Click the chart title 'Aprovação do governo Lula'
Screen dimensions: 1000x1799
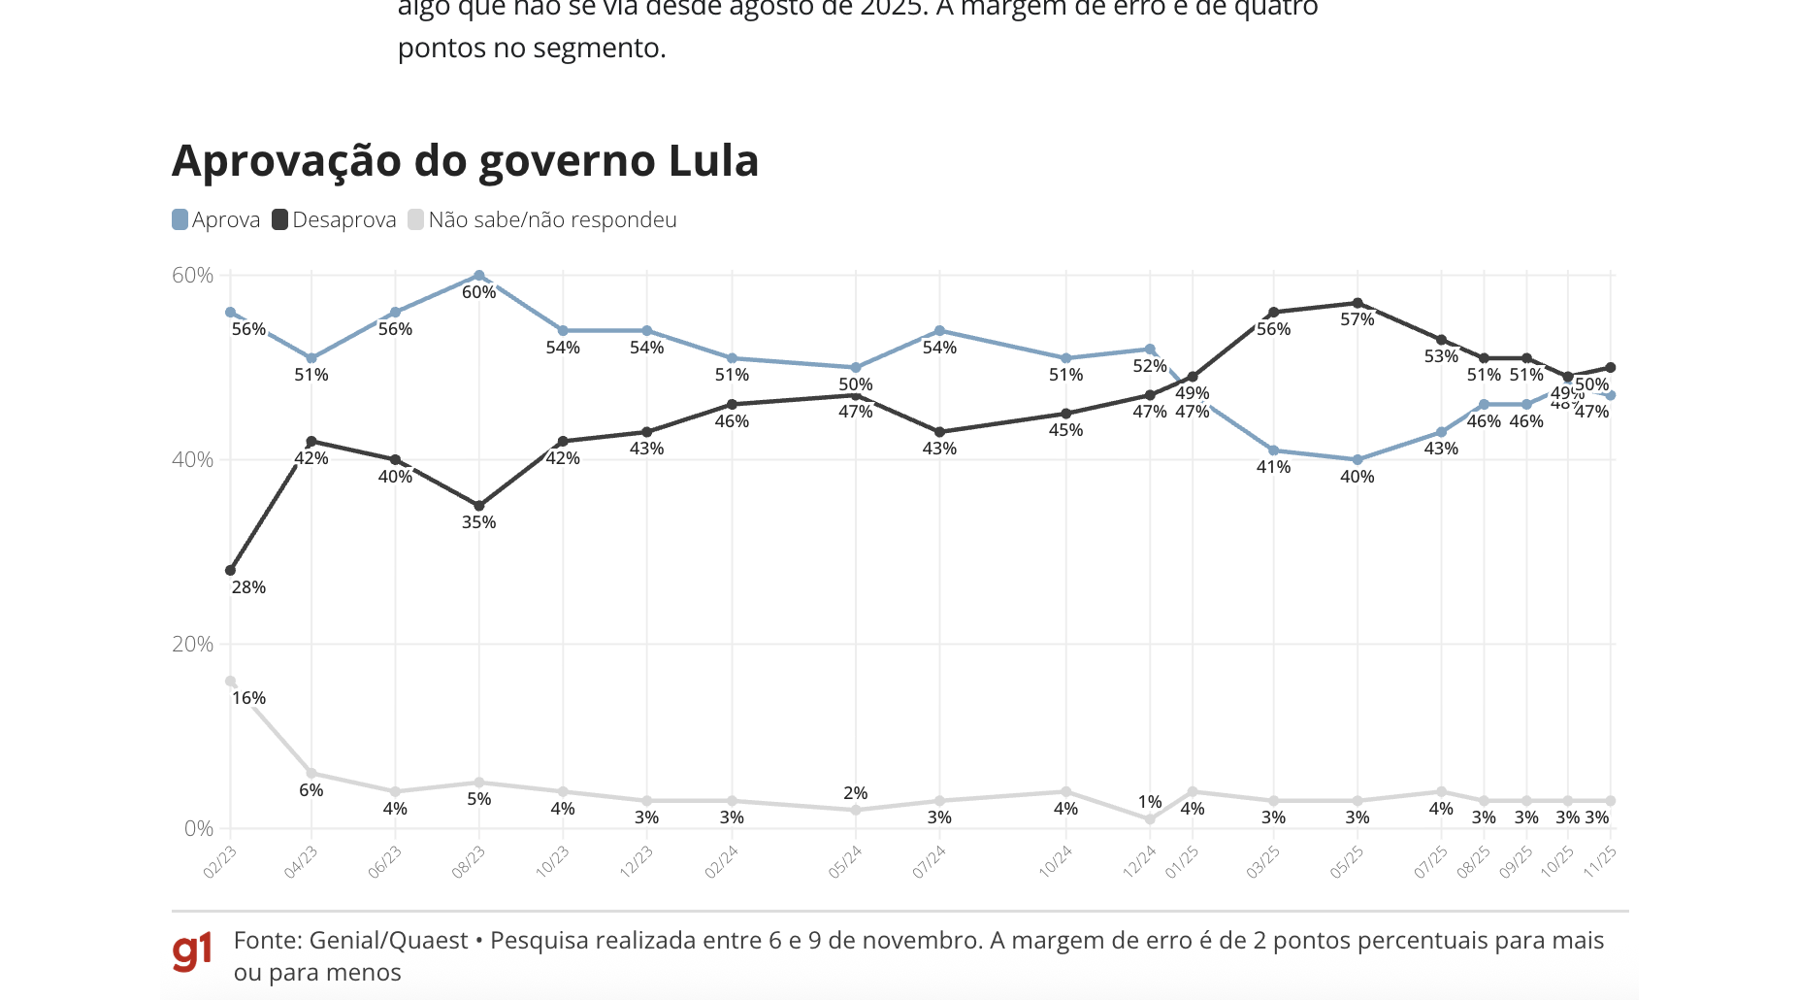click(465, 161)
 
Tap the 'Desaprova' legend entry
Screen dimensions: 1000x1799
click(334, 220)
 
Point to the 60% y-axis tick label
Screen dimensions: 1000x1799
click(192, 276)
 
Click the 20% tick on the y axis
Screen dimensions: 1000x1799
click(192, 645)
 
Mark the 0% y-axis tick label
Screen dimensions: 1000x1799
click(198, 829)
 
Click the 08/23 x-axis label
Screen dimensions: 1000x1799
click(469, 862)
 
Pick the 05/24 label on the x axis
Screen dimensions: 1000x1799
click(845, 862)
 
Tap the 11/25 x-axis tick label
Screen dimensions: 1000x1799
click(1600, 861)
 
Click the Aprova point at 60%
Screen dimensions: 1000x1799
click(479, 276)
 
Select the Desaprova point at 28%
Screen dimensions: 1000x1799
click(230, 571)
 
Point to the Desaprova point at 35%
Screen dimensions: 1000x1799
click(479, 506)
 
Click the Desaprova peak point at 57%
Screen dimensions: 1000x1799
click(1357, 303)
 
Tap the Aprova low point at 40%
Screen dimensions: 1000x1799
click(1357, 460)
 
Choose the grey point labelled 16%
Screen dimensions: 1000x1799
click(230, 682)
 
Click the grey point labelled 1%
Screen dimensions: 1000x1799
click(1150, 819)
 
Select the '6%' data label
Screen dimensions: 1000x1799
click(311, 790)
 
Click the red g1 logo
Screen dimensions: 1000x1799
click(192, 952)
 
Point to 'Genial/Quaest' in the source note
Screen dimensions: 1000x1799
click(389, 941)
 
